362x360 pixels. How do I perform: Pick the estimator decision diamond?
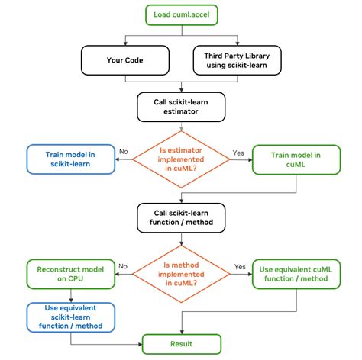click(x=180, y=159)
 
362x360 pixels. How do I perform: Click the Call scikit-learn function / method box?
click(x=180, y=217)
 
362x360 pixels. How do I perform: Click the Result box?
click(x=180, y=345)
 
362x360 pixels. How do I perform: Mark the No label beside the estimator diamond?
click(x=123, y=152)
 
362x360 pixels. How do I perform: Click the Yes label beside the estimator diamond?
click(x=239, y=152)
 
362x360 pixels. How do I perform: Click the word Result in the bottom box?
click(x=180, y=345)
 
